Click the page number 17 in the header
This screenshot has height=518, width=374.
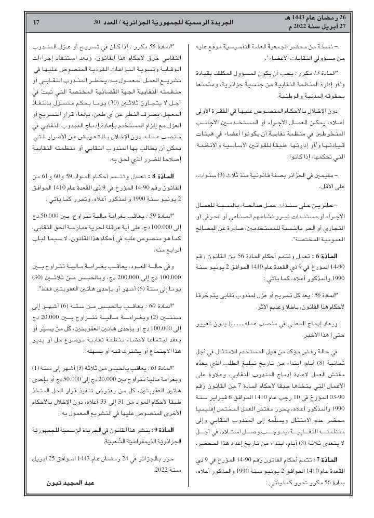36,22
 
